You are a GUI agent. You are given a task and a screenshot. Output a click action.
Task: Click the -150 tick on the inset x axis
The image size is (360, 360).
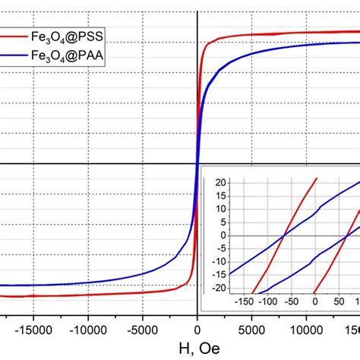pyautogui.click(x=243, y=301)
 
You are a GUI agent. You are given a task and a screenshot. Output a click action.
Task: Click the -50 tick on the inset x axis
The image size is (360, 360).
pyautogui.click(x=291, y=301)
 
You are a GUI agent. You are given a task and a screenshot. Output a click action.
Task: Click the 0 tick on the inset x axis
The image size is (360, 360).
pyautogui.click(x=314, y=301)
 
